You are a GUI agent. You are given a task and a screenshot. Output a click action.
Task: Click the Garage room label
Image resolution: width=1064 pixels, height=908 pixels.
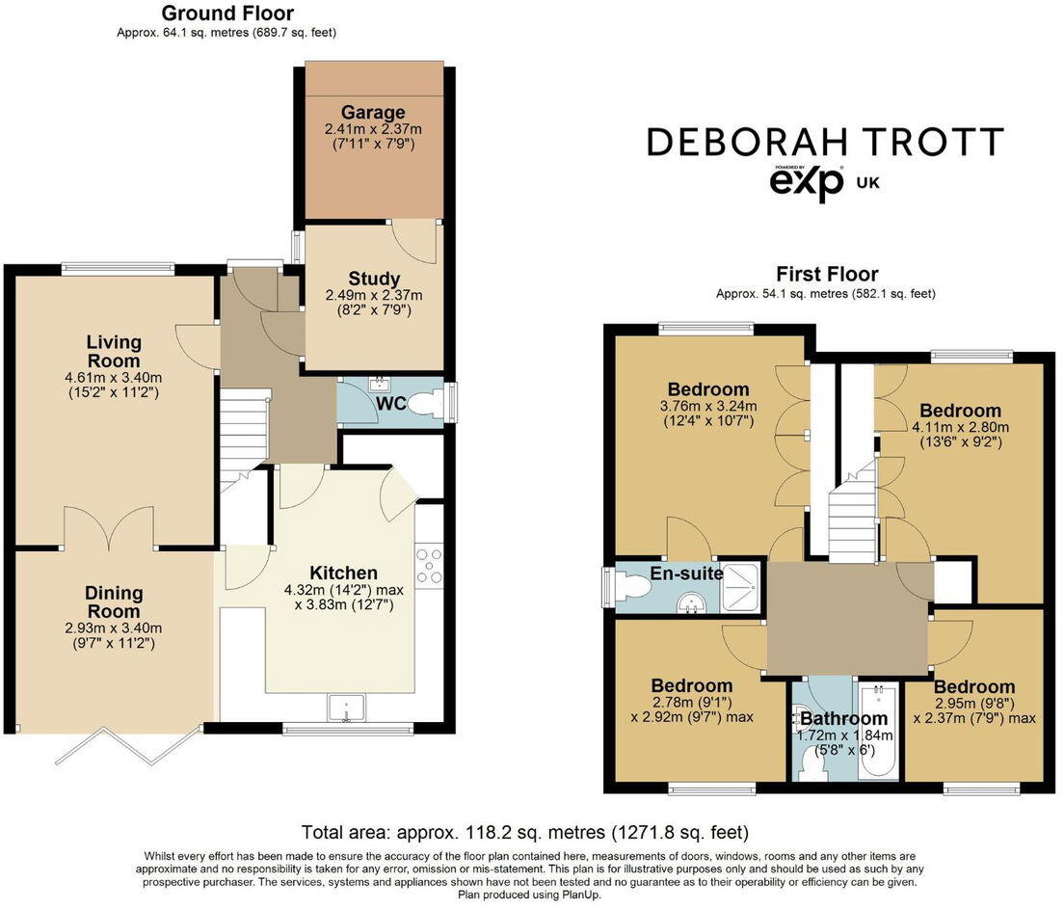374,113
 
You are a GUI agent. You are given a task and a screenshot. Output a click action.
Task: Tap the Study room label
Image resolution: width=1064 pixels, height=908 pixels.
374,280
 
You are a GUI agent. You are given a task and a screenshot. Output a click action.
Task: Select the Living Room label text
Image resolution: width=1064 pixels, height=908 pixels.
114,351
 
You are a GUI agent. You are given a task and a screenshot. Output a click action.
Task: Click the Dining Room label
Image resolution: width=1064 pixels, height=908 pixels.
114,602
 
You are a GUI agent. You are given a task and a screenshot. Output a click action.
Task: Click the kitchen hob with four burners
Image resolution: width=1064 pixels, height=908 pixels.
430,565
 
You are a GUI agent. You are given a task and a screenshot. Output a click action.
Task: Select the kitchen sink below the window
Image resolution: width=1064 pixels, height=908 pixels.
343,708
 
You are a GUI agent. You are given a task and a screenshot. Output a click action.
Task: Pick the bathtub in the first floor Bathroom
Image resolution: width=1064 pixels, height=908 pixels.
876,733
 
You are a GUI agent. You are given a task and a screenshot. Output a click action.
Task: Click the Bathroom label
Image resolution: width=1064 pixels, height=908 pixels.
843,718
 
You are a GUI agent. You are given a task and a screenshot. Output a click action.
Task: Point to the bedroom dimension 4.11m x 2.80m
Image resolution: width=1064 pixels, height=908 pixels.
960,427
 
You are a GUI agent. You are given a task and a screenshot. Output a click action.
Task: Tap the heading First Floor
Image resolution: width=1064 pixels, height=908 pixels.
827,275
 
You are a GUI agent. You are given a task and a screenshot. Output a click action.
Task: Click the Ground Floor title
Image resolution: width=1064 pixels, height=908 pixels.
227,13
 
